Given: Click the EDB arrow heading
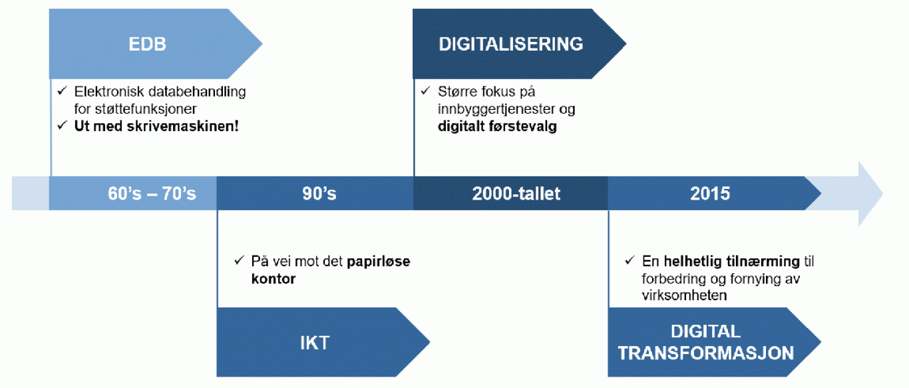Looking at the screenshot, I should tap(147, 45).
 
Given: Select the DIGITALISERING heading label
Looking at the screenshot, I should tap(510, 45).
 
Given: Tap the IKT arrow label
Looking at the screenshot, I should tap(314, 343).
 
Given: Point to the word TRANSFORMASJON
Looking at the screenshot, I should tap(705, 353).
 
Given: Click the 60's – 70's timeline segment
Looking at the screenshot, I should tap(152, 194).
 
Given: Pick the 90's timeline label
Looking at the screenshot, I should tap(315, 194).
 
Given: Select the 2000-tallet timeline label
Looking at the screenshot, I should tap(516, 194).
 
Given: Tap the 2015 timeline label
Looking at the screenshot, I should tap(709, 194).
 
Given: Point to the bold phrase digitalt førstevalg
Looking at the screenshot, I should tap(497, 126).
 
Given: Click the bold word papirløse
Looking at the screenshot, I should tap(378, 262).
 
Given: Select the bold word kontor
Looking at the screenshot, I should tap(273, 279).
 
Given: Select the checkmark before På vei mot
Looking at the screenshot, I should tap(239, 262).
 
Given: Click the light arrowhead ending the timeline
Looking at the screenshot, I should tap(869, 194).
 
